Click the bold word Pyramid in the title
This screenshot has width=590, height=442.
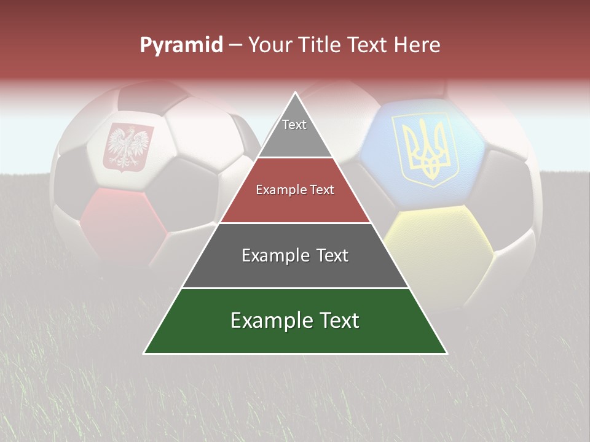click(x=181, y=45)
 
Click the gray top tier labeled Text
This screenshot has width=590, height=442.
click(x=294, y=132)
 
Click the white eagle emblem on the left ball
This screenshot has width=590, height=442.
click(x=128, y=146)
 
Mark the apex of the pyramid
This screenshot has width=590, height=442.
click(x=295, y=93)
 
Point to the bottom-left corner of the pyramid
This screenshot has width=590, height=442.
click(x=144, y=353)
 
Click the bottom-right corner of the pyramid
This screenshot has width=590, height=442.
click(x=446, y=353)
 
